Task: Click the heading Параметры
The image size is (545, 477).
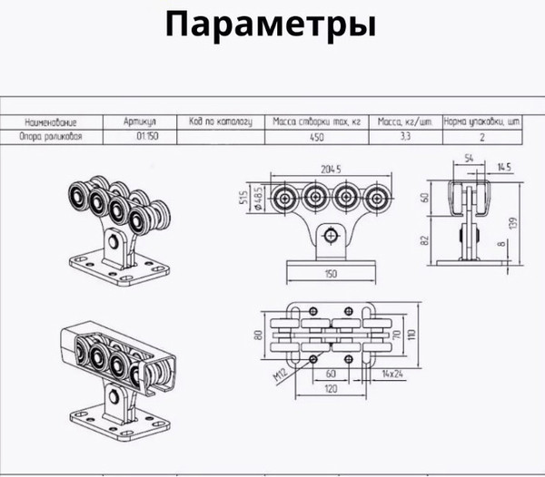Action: click(272, 25)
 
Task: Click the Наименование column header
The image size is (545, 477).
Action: click(56, 121)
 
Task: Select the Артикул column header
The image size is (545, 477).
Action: click(141, 121)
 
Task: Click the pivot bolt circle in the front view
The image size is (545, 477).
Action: click(332, 234)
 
